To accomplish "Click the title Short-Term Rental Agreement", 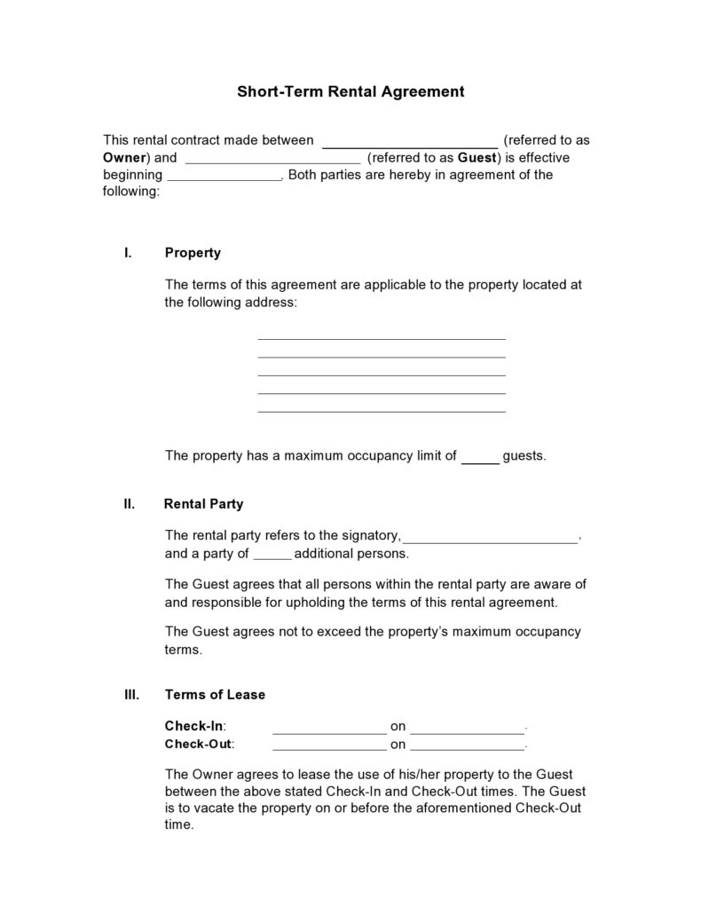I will [x=350, y=91].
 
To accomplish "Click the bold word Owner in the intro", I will [x=124, y=158].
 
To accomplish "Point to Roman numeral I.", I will [x=129, y=253].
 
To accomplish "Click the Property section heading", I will [x=193, y=253].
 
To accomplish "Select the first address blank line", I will [x=381, y=337].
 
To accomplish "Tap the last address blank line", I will [x=381, y=410].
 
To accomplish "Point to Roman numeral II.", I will [x=130, y=504].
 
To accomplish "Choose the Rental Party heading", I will [x=203, y=504].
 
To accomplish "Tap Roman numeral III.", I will [x=131, y=694].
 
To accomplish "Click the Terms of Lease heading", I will [x=215, y=694].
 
